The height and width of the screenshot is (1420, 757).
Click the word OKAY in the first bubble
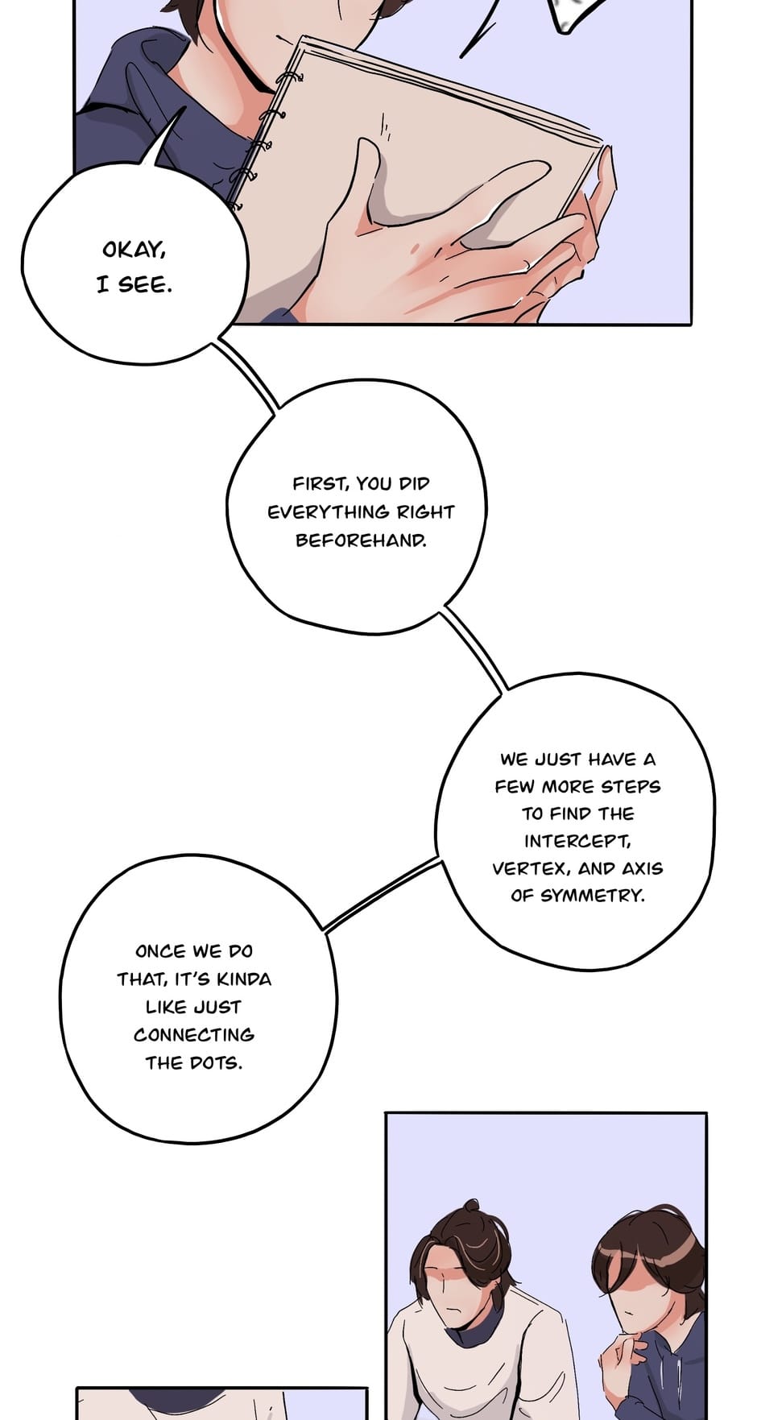click(134, 250)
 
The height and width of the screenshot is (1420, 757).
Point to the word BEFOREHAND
click(361, 540)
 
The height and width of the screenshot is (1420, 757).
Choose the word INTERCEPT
click(577, 841)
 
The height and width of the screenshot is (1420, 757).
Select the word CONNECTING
click(194, 1034)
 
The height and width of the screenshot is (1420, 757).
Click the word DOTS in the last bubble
click(216, 1062)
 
